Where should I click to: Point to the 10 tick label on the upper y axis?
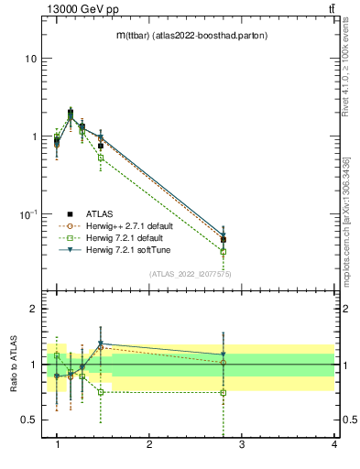coord(30,59)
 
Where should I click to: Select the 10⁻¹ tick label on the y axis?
coord(28,213)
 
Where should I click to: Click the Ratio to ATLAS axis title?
coord(13,365)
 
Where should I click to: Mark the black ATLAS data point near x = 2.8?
coord(224,240)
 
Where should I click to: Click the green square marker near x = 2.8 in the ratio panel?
coord(224,392)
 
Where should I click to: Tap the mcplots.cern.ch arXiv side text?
coord(346,202)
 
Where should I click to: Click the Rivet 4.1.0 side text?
coord(346,69)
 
